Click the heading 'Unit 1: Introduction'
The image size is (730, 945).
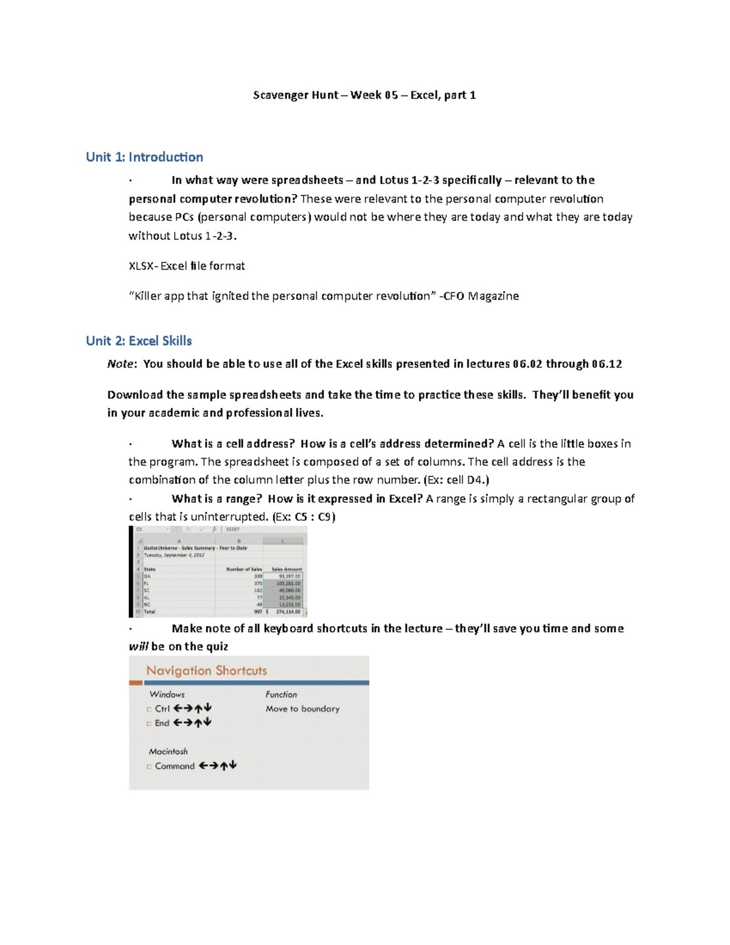(x=144, y=157)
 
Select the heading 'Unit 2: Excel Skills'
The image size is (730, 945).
(x=139, y=341)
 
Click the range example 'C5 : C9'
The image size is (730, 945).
(x=314, y=517)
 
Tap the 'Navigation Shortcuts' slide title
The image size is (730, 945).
(x=206, y=671)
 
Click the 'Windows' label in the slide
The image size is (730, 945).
(x=167, y=694)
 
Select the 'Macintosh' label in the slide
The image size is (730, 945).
(x=168, y=751)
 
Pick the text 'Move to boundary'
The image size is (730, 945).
(x=302, y=709)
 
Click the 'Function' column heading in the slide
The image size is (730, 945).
(x=281, y=694)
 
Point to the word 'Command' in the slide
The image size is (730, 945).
(x=175, y=766)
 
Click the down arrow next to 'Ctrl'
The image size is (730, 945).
(x=208, y=708)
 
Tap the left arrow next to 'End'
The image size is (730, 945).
(x=178, y=723)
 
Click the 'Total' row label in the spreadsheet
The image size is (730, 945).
(x=150, y=612)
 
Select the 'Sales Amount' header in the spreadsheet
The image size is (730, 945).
(x=286, y=569)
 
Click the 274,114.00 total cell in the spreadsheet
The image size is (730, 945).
(x=288, y=612)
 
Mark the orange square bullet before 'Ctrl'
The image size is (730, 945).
(x=149, y=709)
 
